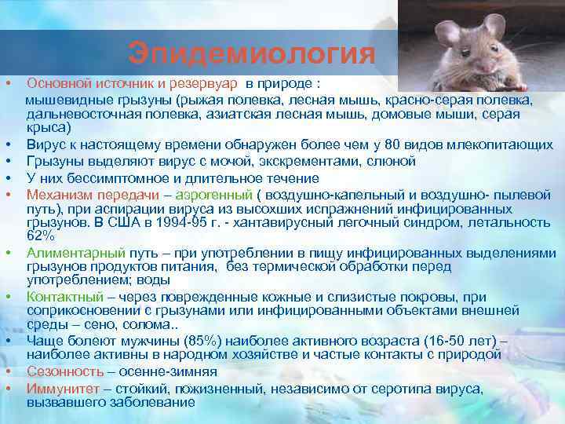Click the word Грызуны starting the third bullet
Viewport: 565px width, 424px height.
tap(54, 161)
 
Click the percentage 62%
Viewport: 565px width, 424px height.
tap(40, 236)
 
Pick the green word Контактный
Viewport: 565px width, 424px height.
tap(64, 297)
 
